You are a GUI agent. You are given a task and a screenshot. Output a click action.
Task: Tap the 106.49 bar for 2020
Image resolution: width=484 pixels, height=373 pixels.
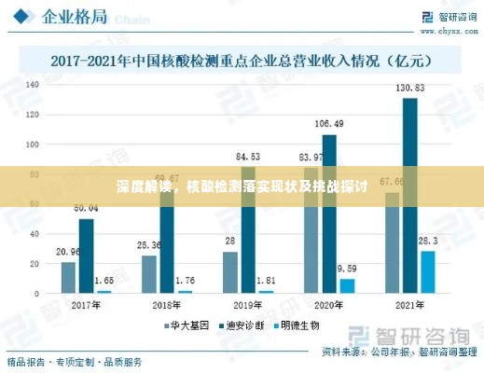[329, 214]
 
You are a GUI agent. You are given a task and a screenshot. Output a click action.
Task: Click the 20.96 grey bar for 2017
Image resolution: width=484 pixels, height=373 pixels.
[68, 277]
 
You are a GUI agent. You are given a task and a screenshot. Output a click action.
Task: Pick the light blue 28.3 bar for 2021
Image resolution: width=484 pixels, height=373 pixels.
[427, 271]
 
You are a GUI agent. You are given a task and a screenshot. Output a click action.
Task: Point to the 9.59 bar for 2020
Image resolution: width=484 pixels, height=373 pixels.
[347, 285]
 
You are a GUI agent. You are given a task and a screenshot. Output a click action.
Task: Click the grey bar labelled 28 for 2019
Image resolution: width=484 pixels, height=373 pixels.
[229, 272]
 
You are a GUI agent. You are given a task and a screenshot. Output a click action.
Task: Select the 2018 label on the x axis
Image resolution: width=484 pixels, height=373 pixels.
[167, 305]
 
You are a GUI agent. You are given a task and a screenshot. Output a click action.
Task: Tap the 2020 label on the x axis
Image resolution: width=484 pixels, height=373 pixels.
[329, 305]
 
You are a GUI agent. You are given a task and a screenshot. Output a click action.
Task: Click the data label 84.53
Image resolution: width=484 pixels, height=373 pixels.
[248, 157]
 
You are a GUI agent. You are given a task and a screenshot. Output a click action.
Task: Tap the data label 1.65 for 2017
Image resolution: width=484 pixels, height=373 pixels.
[104, 280]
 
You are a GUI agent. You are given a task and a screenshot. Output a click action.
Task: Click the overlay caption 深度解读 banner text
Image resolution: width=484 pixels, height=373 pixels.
[242, 186]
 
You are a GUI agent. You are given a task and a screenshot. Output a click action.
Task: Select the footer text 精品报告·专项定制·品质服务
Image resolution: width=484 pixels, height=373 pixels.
[76, 361]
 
